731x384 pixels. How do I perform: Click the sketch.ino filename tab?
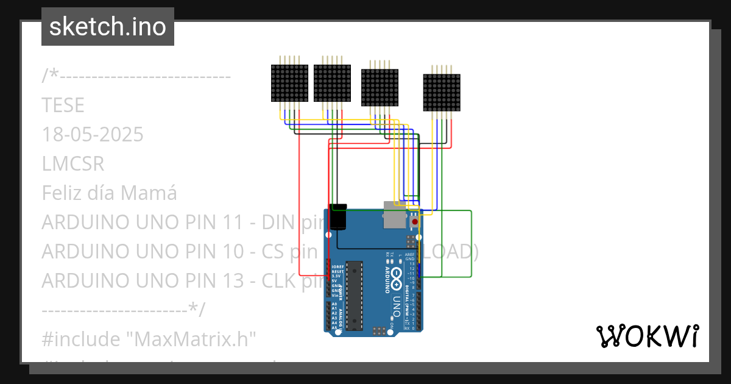pyautogui.click(x=107, y=27)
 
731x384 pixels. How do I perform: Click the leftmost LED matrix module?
pyautogui.click(x=289, y=84)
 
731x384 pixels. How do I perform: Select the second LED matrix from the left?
pyautogui.click(x=333, y=84)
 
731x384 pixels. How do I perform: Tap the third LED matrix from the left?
pyautogui.click(x=380, y=88)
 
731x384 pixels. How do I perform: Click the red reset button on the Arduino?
pyautogui.click(x=415, y=221)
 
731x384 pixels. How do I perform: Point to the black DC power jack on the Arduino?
pyautogui.click(x=337, y=217)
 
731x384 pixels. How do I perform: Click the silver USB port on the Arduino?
pyautogui.click(x=394, y=215)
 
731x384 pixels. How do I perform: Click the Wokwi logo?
pyautogui.click(x=647, y=336)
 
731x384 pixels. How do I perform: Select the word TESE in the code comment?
pyautogui.click(x=63, y=105)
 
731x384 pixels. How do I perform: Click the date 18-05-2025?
pyautogui.click(x=93, y=135)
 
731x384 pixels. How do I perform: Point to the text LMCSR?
pyautogui.click(x=73, y=164)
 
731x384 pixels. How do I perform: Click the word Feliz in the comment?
pyautogui.click(x=63, y=193)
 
